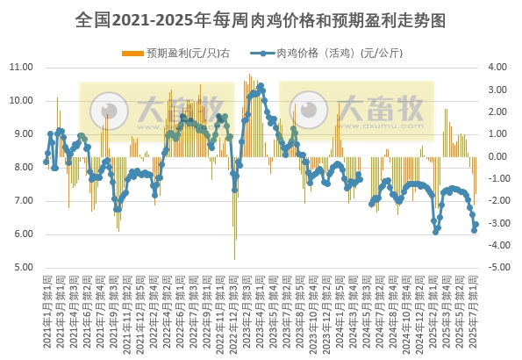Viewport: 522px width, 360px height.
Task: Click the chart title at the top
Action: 261,18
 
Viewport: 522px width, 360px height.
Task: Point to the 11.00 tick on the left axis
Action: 20,67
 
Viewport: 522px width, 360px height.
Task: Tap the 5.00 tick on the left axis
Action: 20,267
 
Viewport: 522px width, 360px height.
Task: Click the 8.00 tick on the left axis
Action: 20,167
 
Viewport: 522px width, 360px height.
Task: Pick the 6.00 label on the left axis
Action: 20,234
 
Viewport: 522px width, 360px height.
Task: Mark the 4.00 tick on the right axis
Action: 497,67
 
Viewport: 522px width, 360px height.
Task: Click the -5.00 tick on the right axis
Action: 497,267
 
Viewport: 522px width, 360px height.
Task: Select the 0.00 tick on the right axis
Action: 497,156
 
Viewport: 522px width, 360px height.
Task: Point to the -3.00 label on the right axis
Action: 497,223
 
